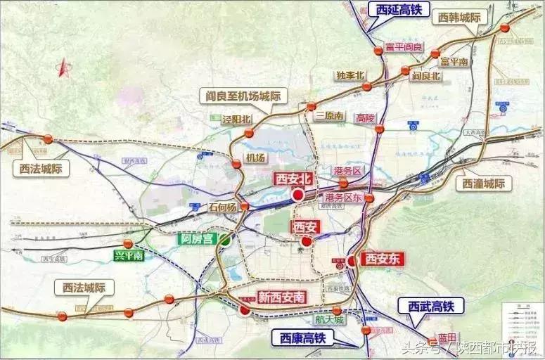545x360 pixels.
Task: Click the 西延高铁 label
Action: click(x=398, y=9)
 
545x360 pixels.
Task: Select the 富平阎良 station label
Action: click(x=404, y=47)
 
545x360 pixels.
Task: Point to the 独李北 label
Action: click(x=350, y=75)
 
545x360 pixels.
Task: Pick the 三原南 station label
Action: click(x=329, y=115)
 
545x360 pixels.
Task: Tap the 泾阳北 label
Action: click(x=236, y=120)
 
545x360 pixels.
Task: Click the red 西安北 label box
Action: click(x=293, y=179)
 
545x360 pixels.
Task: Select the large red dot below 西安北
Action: click(x=298, y=194)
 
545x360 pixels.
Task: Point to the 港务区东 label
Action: click(x=343, y=198)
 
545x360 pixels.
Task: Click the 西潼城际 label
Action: click(x=485, y=184)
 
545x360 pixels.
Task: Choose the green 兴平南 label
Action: click(x=129, y=255)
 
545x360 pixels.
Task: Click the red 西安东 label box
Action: click(x=383, y=259)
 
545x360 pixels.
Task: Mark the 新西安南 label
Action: click(x=282, y=297)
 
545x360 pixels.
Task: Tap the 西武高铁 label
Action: click(x=431, y=305)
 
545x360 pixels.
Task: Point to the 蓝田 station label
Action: click(x=447, y=337)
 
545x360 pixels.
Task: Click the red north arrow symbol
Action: click(x=63, y=67)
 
